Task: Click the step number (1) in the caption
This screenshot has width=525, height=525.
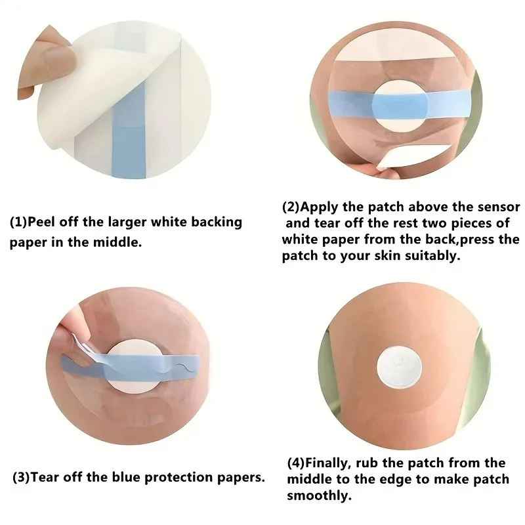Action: (18, 222)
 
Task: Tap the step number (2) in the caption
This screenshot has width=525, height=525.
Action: (291, 207)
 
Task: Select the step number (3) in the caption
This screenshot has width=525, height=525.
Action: (22, 477)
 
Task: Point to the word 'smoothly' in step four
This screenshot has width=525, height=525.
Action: (319, 495)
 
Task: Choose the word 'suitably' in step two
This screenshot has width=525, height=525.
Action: (432, 256)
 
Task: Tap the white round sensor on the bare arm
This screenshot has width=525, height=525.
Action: (399, 366)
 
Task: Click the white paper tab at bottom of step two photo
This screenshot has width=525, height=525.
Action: (389, 159)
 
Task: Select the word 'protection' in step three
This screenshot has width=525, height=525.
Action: (178, 478)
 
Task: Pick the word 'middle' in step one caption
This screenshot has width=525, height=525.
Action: (116, 242)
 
